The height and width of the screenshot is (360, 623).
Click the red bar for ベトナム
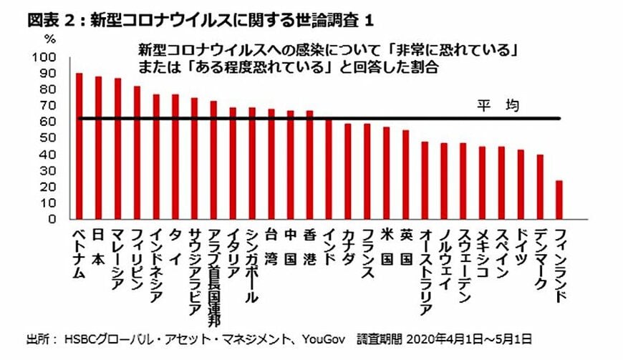(79, 146)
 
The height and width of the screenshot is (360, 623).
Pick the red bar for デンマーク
(539, 187)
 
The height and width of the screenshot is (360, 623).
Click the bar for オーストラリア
(425, 180)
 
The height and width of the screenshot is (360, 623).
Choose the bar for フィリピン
(137, 152)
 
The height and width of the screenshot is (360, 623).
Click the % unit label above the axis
(49, 37)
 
